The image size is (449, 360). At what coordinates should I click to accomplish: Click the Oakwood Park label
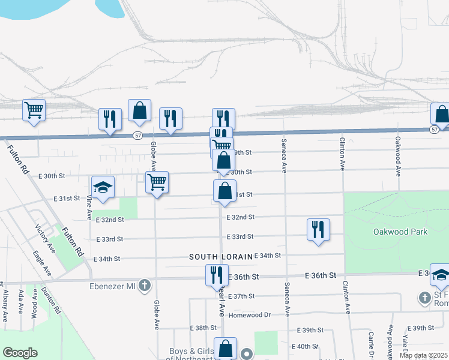[x=400, y=232]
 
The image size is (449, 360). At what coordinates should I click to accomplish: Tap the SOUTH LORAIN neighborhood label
[x=220, y=257]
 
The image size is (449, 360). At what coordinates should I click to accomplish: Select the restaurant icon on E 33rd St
[x=318, y=230]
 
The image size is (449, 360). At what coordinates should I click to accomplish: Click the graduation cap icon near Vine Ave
[x=102, y=187]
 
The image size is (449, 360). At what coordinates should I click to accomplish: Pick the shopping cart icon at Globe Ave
[x=157, y=182]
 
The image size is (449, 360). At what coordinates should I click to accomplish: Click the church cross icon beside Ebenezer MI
[x=144, y=286]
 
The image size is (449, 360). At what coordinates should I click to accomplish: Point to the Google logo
[x=19, y=353]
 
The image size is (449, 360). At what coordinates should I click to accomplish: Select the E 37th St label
[x=243, y=296]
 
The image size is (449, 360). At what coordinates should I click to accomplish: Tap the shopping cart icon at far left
[x=34, y=110]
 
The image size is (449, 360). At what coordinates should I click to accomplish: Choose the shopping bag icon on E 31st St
[x=224, y=191]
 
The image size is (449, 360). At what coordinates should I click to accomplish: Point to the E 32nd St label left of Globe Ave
[x=110, y=220]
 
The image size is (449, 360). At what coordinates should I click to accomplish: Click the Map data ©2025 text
[x=423, y=355]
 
